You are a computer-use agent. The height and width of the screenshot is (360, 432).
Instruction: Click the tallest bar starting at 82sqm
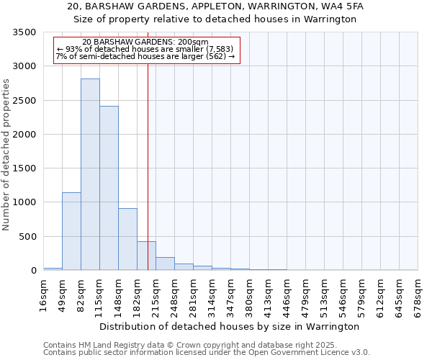coord(90,174)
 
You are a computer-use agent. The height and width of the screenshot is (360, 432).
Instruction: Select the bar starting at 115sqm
coord(109,188)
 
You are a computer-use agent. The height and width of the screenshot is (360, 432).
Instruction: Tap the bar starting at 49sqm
coord(71,231)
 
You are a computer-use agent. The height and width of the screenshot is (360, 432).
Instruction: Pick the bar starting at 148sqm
coord(127,239)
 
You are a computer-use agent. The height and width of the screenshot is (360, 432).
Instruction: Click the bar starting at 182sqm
coord(146,256)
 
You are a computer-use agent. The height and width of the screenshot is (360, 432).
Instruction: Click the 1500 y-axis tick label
coord(24,168)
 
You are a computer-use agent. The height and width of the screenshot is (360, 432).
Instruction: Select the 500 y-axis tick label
coord(27,237)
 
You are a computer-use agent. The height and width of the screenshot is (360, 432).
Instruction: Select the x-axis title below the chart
coord(229,326)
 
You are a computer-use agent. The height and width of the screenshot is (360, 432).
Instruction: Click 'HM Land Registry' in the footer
coord(103,345)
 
